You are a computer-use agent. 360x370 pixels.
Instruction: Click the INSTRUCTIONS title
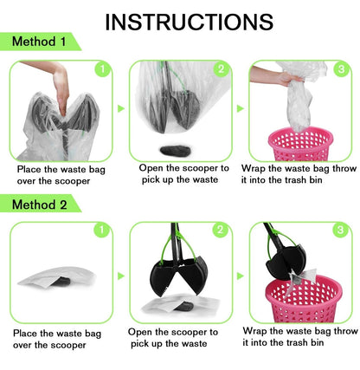pos(189,22)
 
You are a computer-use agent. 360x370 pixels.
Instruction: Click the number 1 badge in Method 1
pos(102,69)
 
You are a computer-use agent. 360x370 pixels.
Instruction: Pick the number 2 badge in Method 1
pos(221,69)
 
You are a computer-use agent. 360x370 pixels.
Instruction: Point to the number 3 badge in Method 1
pos(341,69)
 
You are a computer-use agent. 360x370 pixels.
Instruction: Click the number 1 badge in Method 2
pos(102,230)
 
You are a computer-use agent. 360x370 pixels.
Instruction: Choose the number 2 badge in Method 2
pos(220,230)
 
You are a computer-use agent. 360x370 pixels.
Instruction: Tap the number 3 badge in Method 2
pos(340,230)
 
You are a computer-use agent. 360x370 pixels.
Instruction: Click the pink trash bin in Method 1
pos(300,144)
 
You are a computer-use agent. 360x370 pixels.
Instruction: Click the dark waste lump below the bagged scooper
pos(176,151)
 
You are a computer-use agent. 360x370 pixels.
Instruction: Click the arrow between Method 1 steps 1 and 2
pos(121,109)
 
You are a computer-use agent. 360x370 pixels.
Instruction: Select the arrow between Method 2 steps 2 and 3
pos(241,276)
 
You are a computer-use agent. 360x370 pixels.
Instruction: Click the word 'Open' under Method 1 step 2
pos(151,168)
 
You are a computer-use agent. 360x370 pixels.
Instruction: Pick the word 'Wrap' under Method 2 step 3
pos(254,331)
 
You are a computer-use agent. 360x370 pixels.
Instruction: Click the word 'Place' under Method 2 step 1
pos(25,334)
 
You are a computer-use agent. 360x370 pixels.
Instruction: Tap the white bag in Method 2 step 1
pos(57,276)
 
